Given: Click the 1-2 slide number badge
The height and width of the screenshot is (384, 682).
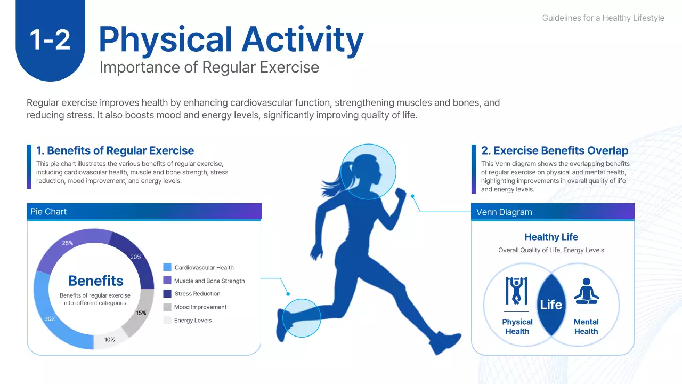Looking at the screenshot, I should (50, 40).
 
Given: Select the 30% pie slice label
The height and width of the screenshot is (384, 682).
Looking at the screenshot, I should (50, 318).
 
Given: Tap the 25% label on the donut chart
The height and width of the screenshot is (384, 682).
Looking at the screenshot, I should (68, 243).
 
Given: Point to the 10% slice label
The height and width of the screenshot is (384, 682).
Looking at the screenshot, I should (109, 339).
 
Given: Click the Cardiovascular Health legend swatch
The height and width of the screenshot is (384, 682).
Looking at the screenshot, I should (167, 267).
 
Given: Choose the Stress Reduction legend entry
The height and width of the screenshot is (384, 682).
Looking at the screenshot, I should (197, 294).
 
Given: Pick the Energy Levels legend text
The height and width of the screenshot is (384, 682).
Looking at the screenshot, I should (193, 321).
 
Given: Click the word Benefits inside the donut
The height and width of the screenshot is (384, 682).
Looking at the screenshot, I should (96, 281).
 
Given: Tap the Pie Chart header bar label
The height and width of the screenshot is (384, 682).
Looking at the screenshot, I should (48, 212).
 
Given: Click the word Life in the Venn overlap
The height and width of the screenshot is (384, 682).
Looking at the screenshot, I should (551, 305).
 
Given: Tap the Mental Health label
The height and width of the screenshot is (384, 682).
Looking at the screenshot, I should (586, 326).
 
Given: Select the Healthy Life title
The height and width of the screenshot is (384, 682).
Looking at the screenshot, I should (551, 237).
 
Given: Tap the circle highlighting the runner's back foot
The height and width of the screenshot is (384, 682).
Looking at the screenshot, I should (302, 318).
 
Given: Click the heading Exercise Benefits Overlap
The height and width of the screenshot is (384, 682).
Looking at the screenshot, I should (555, 150).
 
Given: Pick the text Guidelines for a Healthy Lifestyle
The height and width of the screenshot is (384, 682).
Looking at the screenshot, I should (603, 18).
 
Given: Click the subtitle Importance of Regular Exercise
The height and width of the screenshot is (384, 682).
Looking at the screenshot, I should (209, 67).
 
